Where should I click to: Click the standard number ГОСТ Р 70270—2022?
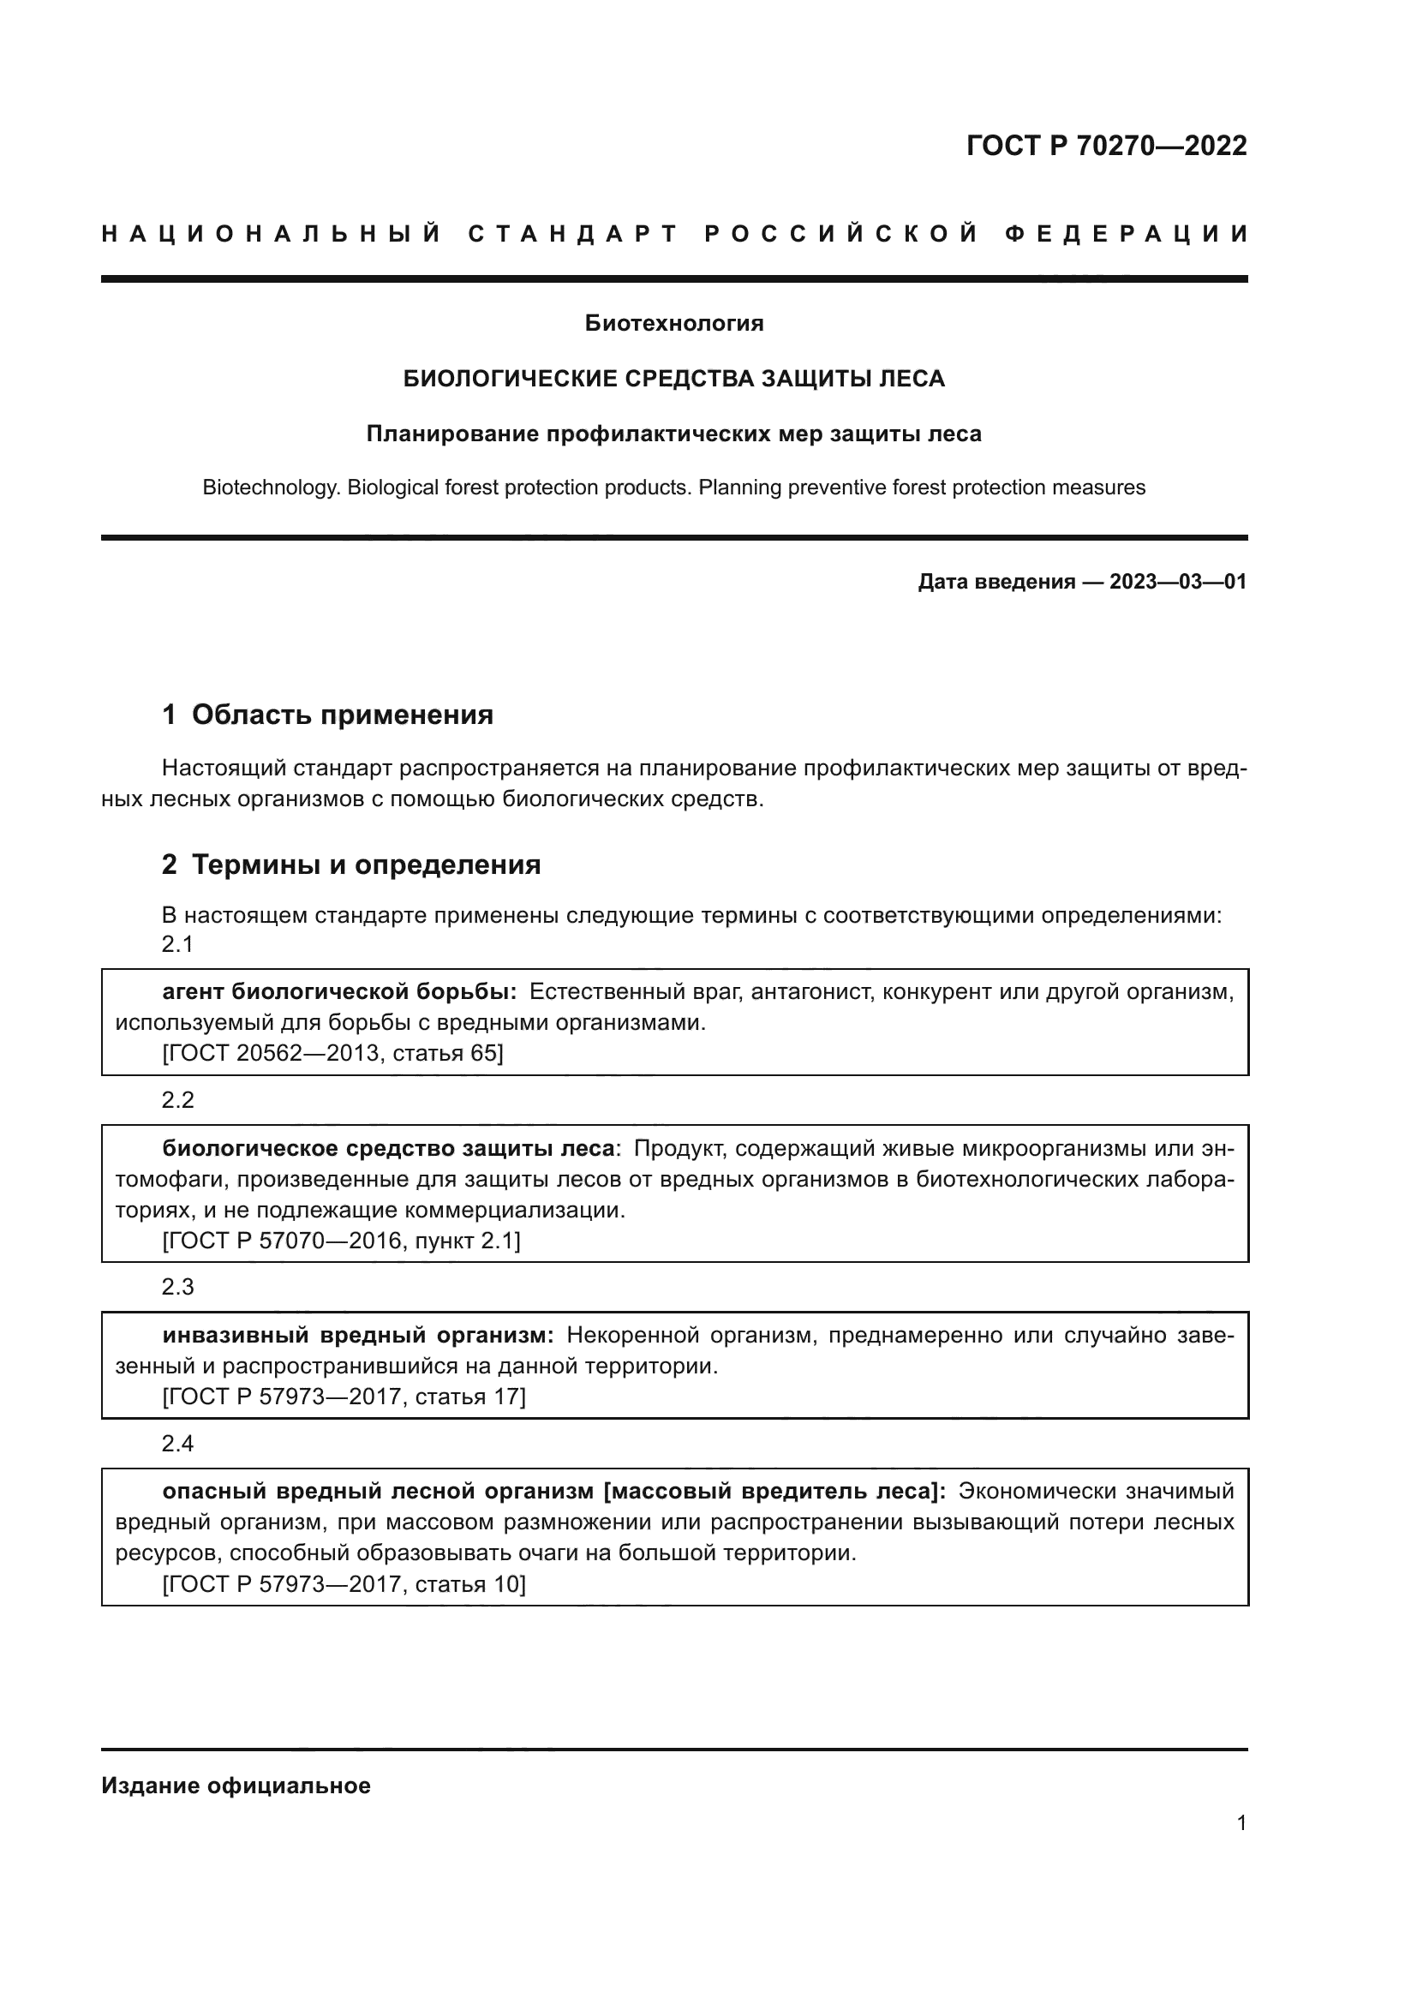click(x=1106, y=146)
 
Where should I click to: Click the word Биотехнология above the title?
click(x=673, y=324)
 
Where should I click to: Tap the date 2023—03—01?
click(x=1178, y=582)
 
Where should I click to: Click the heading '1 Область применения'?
click(x=327, y=715)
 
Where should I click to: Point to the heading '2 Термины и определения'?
click(x=350, y=865)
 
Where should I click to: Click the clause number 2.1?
click(x=177, y=944)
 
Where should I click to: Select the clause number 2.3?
click(x=177, y=1288)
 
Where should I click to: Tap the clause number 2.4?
click(x=177, y=1444)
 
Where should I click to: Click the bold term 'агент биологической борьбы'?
click(x=339, y=991)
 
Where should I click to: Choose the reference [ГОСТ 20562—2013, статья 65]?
click(x=332, y=1054)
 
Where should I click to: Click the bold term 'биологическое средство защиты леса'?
click(x=389, y=1149)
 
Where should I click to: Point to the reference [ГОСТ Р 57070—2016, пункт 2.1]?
click(x=341, y=1241)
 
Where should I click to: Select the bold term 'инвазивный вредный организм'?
click(x=358, y=1336)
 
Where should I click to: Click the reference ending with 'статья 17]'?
click(x=344, y=1397)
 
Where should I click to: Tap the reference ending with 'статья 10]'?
click(x=344, y=1584)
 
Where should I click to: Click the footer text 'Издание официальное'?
click(x=236, y=1786)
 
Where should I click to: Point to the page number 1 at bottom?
click(x=1241, y=1823)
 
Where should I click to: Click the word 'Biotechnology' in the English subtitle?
click(x=271, y=488)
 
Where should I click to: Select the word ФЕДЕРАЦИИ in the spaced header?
click(x=1126, y=234)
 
